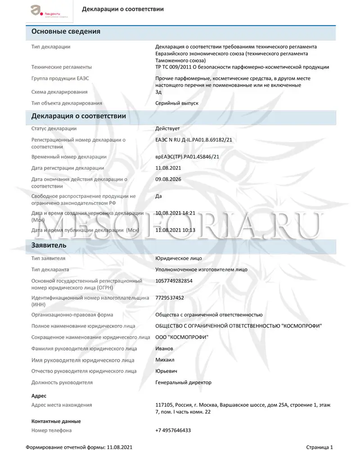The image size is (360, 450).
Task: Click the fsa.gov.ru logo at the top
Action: (x=45, y=11)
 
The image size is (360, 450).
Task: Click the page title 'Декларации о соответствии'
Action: (x=122, y=9)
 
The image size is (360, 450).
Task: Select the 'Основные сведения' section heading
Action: (x=66, y=31)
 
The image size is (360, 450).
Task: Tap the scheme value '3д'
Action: (x=158, y=92)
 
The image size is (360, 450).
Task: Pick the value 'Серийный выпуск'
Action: (x=176, y=103)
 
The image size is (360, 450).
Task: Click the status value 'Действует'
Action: (x=167, y=129)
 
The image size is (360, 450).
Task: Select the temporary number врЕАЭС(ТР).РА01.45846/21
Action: (x=187, y=157)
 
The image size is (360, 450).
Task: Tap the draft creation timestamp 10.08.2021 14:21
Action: (x=175, y=213)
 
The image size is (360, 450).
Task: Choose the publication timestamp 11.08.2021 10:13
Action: (x=175, y=230)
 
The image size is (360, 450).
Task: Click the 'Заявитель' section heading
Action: (x=49, y=245)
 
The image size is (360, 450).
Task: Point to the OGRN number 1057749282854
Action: (x=174, y=281)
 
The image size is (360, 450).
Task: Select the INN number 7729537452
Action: (x=170, y=298)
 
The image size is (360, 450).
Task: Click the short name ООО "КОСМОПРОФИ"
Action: (x=182, y=337)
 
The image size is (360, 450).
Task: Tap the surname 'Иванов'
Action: (x=164, y=348)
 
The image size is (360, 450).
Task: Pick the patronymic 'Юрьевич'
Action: (x=166, y=371)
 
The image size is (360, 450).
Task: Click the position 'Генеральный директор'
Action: (x=183, y=382)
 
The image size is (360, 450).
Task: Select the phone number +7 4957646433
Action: (x=173, y=430)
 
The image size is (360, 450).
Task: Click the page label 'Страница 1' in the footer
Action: (x=319, y=447)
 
